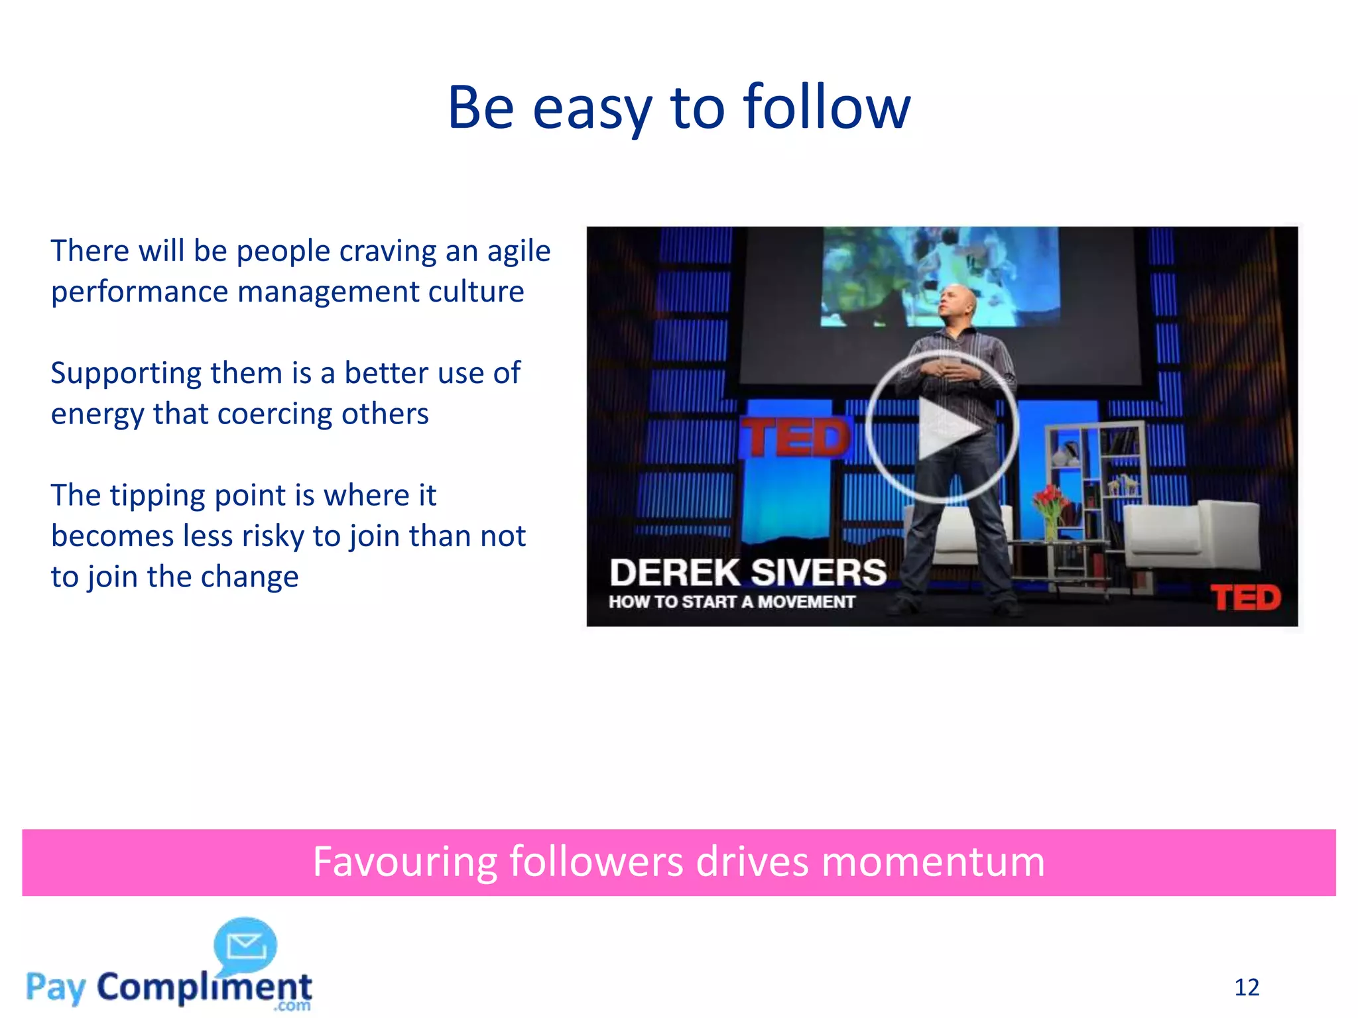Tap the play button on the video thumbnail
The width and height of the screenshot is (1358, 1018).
[x=942, y=427]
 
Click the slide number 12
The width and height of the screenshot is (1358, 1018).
[x=1247, y=988]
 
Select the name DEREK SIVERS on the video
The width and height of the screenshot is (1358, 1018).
[x=748, y=573]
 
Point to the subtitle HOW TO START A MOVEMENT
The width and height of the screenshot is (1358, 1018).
[x=732, y=602]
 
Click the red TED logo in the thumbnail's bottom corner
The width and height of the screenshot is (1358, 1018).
[x=1246, y=598]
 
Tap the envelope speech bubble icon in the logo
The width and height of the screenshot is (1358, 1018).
[x=245, y=945]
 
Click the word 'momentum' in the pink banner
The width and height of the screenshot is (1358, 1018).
[x=933, y=862]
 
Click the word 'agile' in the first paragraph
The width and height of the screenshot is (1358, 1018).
[x=519, y=251]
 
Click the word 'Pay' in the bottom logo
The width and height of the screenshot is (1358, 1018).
[x=56, y=988]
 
